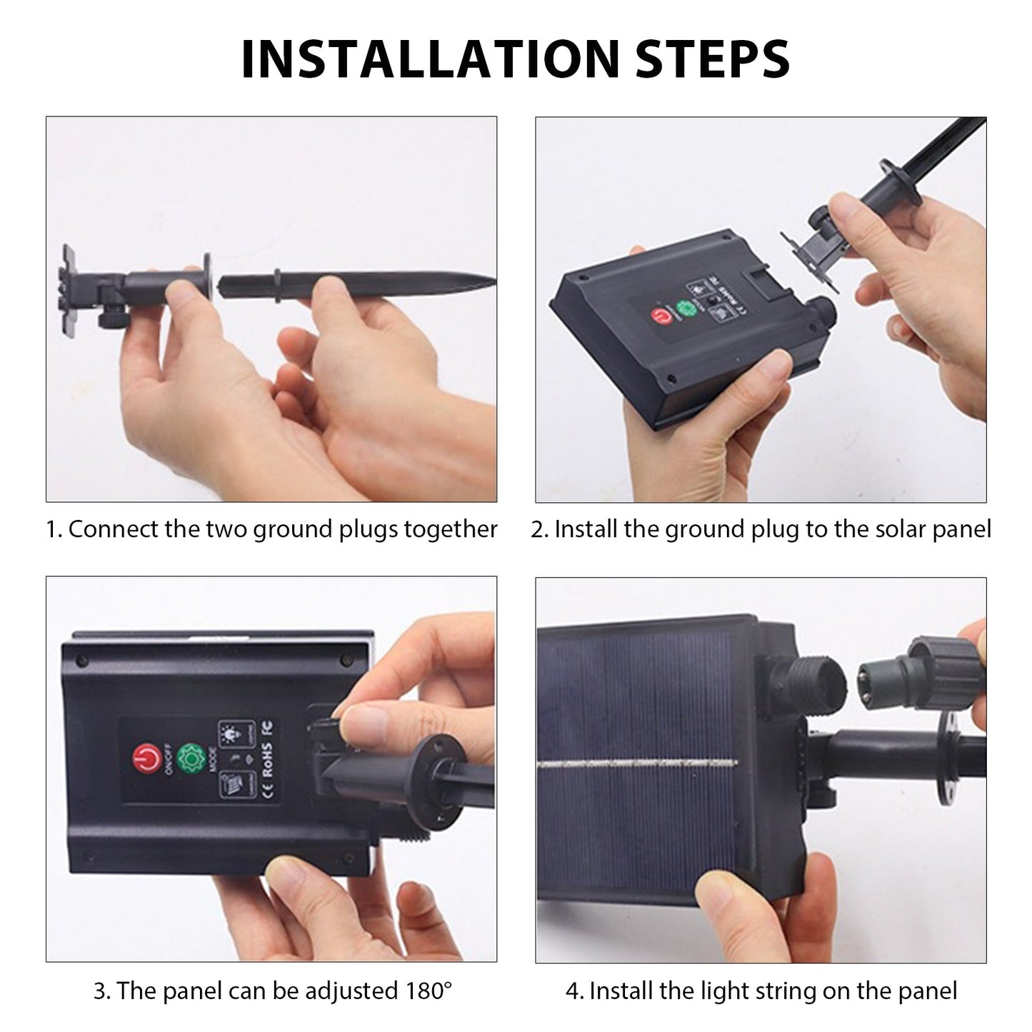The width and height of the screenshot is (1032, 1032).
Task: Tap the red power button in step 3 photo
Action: tap(146, 759)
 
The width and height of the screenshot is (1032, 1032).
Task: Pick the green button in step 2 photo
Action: tap(686, 309)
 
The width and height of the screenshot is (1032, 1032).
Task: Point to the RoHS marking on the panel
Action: tap(267, 759)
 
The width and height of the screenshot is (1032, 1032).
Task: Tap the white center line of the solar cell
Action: tap(637, 763)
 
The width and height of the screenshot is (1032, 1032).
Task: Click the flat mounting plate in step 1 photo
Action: tap(67, 290)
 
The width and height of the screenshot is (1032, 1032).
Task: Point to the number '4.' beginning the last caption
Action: tap(575, 991)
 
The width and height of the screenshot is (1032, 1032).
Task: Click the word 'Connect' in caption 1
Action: tap(114, 529)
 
